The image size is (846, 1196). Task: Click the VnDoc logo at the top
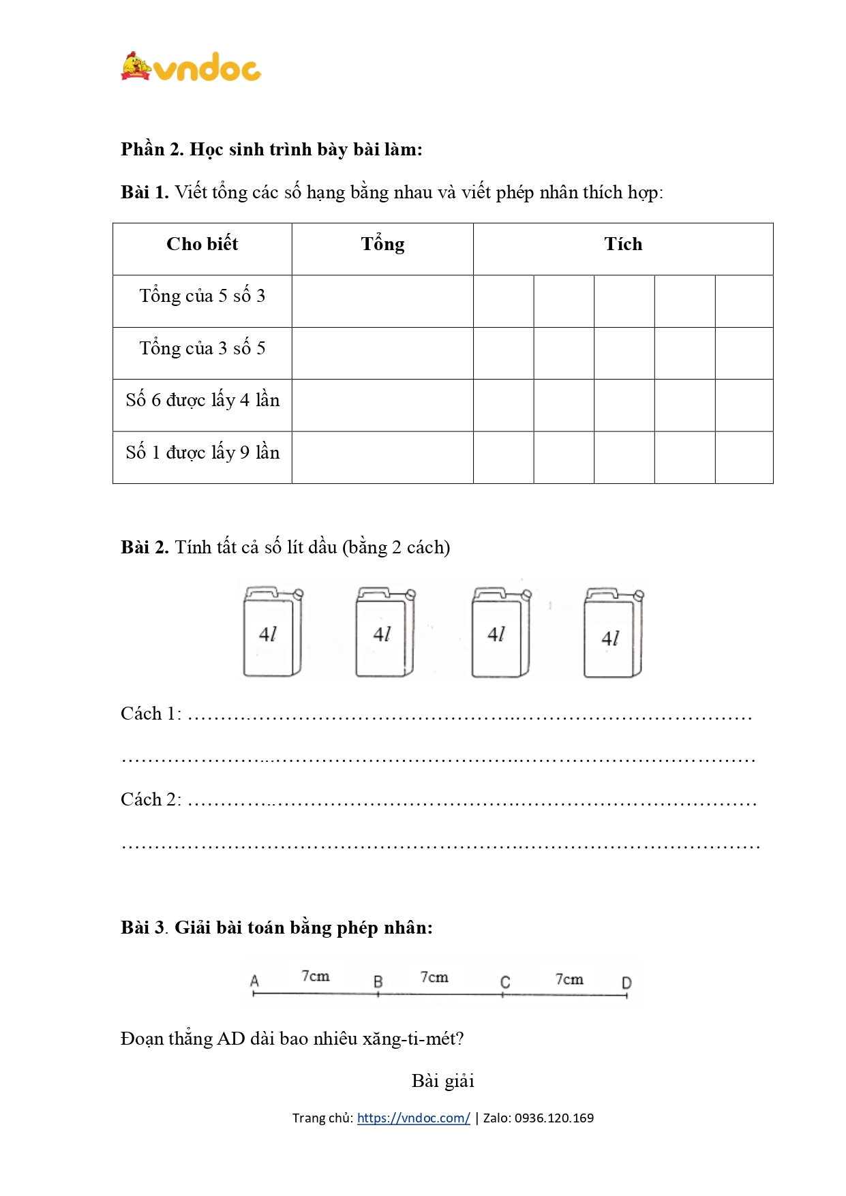coord(192,67)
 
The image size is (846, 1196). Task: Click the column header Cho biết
coord(202,244)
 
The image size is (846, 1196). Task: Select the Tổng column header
coord(382,244)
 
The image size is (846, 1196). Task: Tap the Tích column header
coord(623,244)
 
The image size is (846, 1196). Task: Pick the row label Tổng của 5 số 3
coord(202,296)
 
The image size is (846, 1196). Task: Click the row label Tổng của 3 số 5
coord(202,348)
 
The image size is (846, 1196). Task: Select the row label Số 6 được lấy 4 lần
coord(202,400)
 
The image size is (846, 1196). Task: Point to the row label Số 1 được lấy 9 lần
coord(202,453)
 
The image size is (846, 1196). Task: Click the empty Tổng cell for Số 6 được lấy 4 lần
coord(382,405)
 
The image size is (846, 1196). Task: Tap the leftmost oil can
coord(272,632)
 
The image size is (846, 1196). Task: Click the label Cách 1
coord(151,714)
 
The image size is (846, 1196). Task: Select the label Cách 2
coord(151,799)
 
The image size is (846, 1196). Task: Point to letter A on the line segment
coord(254,981)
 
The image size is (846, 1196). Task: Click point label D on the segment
coord(626,983)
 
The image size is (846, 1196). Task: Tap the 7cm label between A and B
coord(316,976)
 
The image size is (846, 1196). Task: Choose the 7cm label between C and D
coord(569,979)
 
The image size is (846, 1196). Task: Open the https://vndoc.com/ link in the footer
coord(413,1118)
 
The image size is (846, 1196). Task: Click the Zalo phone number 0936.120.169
coord(554,1118)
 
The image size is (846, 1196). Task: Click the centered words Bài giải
coord(442,1081)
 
